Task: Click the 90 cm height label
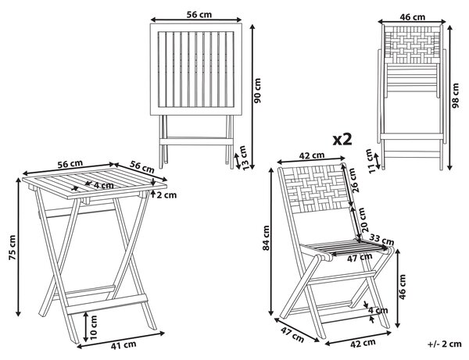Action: click(x=257, y=91)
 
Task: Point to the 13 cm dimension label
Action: click(x=245, y=158)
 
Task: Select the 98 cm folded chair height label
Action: click(x=455, y=95)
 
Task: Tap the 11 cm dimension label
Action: click(x=371, y=161)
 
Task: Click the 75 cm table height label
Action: click(x=13, y=248)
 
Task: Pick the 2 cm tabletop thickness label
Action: click(x=166, y=195)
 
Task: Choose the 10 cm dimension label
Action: click(x=94, y=327)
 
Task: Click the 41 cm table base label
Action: click(x=124, y=345)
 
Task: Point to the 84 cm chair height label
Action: click(x=266, y=238)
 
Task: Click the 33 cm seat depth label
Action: click(x=381, y=239)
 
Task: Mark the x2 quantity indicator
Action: click(x=342, y=140)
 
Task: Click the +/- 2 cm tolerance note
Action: click(x=445, y=344)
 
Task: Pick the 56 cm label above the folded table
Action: click(x=199, y=14)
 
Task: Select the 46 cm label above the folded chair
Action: click(x=413, y=17)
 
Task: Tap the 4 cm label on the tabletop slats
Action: click(x=104, y=186)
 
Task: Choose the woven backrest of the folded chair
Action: click(x=412, y=45)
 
